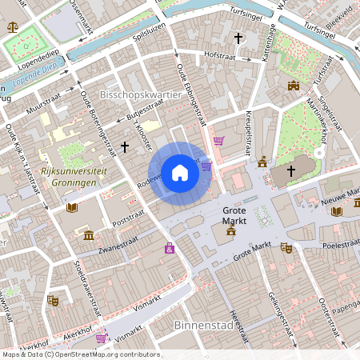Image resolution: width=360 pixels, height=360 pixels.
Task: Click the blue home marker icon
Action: (180, 172)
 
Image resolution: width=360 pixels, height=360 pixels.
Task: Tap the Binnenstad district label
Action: (200, 326)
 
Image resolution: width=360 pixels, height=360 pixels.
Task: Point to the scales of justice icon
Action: (11, 26)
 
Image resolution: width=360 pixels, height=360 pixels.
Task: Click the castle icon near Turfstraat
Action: (293, 86)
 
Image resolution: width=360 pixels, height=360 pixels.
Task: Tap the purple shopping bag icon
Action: (170, 249)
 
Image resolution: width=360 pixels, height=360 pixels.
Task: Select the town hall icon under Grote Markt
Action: (231, 230)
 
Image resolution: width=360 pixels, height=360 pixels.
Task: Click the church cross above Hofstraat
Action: (238, 38)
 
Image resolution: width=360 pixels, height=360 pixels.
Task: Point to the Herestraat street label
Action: (235, 305)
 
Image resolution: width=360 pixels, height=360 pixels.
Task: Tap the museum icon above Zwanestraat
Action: (88, 235)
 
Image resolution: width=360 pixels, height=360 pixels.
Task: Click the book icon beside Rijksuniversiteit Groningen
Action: (72, 208)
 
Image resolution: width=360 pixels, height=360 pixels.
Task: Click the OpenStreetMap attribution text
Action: (80, 354)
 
